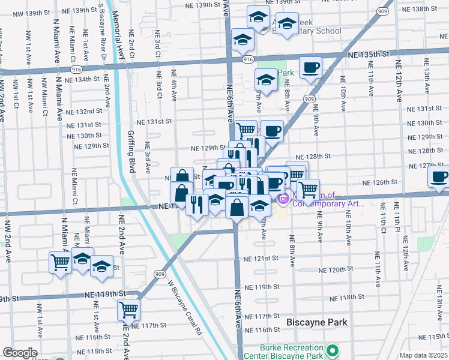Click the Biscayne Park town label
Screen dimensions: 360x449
(317, 322)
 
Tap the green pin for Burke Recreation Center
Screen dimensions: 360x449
(331, 349)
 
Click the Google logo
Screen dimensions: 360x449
(20, 353)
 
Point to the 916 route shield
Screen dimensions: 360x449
(249, 59)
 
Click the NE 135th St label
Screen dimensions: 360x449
(367, 55)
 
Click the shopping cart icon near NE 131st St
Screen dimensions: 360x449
(246, 130)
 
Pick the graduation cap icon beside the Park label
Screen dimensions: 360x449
(266, 79)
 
